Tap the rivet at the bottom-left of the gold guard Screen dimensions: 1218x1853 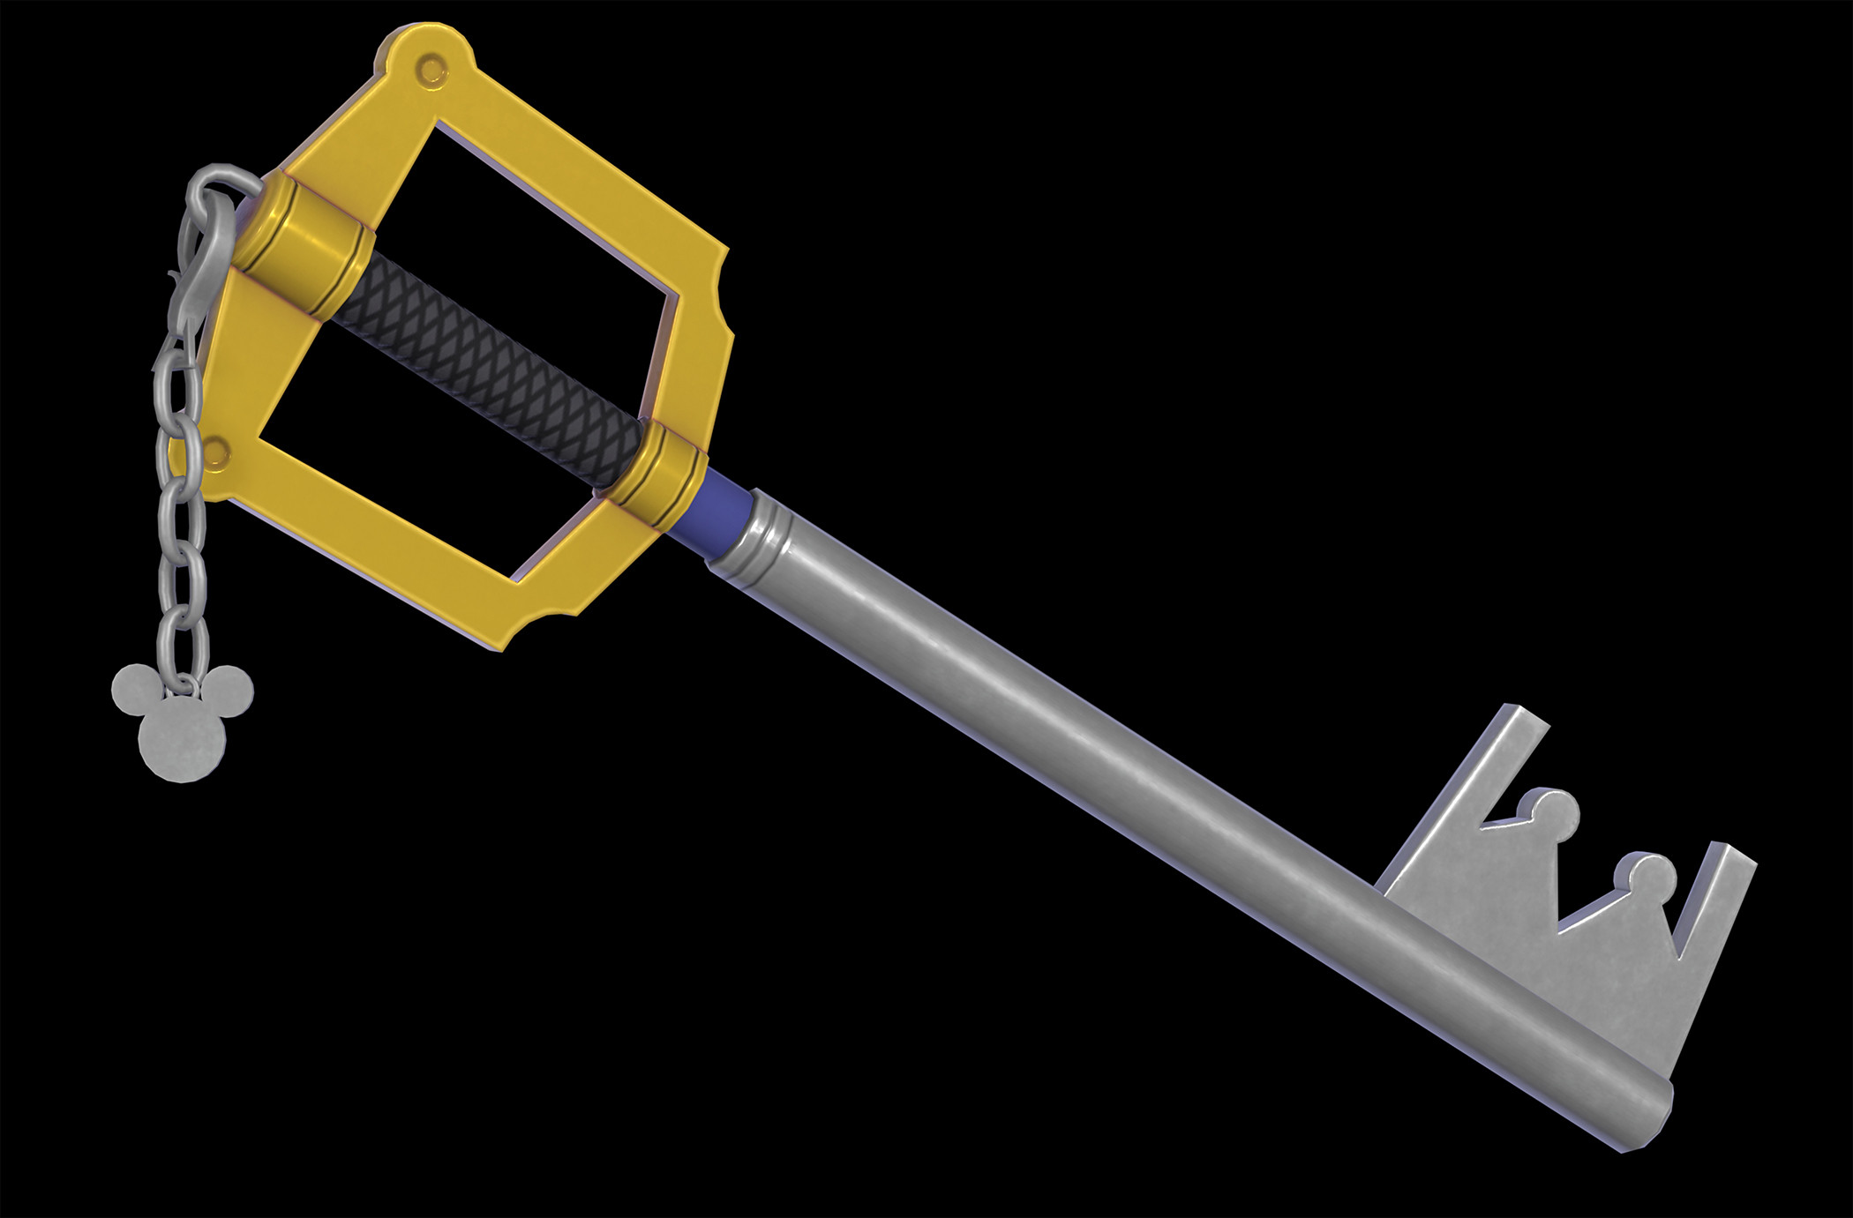point(215,452)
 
